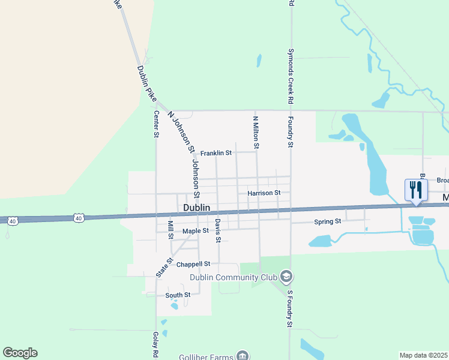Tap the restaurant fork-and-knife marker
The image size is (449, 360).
[415, 190]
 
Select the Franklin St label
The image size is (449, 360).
[216, 153]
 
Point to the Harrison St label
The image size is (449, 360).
[264, 193]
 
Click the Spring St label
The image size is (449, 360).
[328, 222]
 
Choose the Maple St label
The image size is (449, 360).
[196, 230]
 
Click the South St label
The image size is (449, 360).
[178, 295]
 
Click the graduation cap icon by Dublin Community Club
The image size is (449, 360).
[286, 276]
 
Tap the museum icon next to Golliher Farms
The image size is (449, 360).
[242, 355]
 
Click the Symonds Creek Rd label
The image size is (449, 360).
[291, 75]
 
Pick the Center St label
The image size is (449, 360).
[155, 124]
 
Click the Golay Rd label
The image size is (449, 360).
[155, 344]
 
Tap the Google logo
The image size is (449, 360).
[20, 353]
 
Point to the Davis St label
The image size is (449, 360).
[218, 231]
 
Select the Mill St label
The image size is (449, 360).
[170, 228]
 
